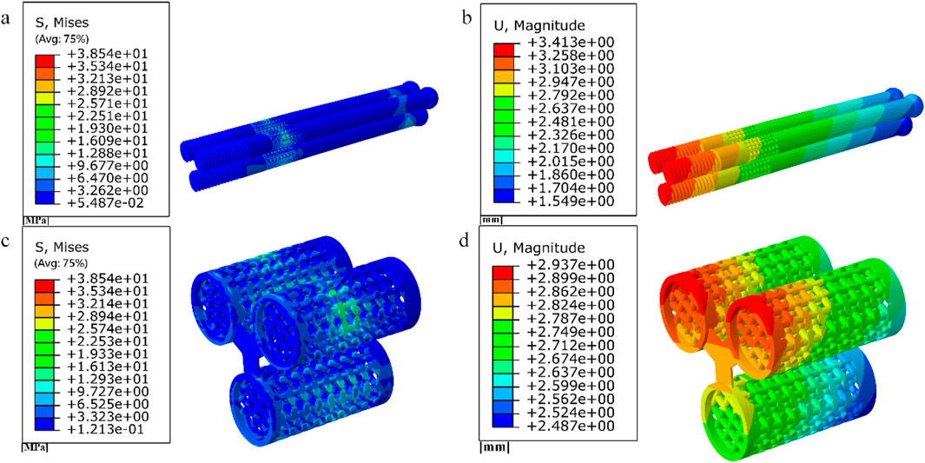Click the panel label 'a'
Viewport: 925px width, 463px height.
click(6, 19)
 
